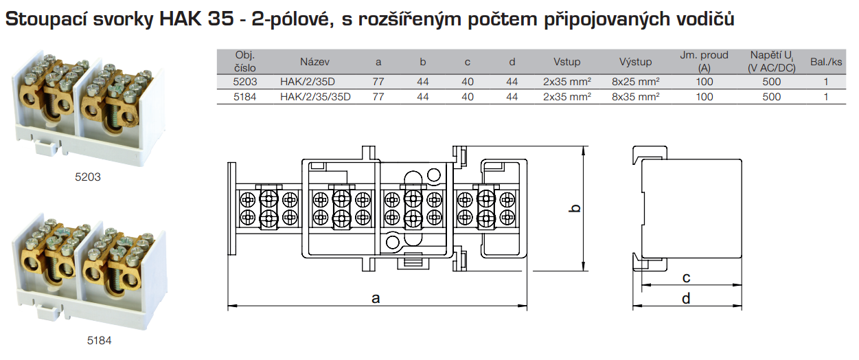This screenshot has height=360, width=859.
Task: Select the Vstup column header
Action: click(567, 62)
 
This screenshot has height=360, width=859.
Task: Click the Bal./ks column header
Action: click(826, 62)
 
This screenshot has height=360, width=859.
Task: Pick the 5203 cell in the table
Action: click(245, 82)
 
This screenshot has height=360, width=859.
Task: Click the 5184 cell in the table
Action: click(245, 97)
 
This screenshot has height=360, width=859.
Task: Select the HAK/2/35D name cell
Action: click(307, 82)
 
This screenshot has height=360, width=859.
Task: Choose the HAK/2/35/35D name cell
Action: click(315, 97)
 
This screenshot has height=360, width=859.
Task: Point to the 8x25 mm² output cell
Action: click(635, 82)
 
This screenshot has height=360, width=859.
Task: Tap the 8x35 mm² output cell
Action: click(635, 97)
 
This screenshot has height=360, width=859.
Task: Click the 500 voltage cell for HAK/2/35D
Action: click(772, 82)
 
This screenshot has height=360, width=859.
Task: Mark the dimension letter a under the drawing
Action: click(376, 297)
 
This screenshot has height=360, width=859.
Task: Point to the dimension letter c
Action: click(686, 278)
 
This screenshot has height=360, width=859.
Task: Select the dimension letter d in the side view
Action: click(686, 298)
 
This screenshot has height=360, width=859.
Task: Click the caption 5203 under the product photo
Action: click(88, 177)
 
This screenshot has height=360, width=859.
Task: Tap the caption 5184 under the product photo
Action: click(99, 340)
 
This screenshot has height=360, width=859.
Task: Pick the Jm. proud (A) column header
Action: click(704, 62)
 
